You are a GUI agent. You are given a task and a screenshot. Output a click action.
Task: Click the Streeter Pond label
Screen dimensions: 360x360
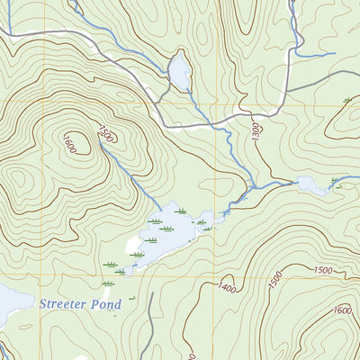click(79, 304)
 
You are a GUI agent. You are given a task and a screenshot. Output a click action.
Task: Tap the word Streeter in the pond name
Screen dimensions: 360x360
click(64, 304)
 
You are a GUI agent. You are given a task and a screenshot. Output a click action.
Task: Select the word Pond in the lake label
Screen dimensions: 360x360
click(104, 304)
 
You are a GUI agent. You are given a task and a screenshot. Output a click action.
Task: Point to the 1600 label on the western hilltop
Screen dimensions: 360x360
click(70, 141)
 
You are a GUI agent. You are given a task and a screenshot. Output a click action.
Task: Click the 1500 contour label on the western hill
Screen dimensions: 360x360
click(105, 135)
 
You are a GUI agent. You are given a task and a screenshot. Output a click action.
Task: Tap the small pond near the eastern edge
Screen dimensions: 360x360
click(312, 185)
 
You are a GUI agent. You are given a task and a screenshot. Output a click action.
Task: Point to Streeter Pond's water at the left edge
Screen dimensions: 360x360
click(9, 306)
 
